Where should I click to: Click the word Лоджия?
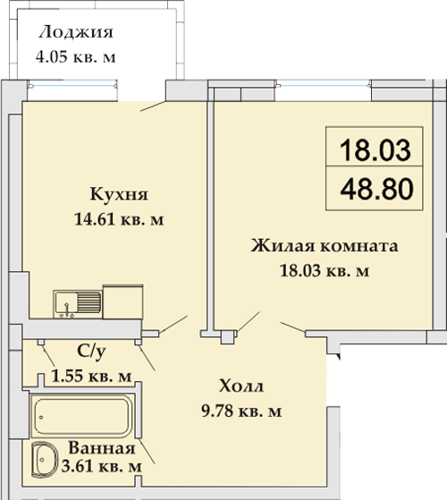pyautogui.click(x=76, y=32)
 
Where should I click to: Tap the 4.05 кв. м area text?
pyautogui.click(x=75, y=57)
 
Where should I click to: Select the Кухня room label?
pyautogui.click(x=119, y=194)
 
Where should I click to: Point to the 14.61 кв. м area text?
pyautogui.click(x=119, y=219)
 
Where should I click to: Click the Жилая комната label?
pyautogui.click(x=325, y=246)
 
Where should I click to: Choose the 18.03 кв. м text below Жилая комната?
pyautogui.click(x=325, y=271)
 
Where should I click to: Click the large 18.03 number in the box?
pyautogui.click(x=375, y=150)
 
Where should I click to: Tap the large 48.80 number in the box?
pyautogui.click(x=376, y=189)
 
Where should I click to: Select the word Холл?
pyautogui.click(x=241, y=386)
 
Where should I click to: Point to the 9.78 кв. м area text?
pyautogui.click(x=241, y=411)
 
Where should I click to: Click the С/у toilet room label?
pyautogui.click(x=91, y=352)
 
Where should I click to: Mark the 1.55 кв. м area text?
pyautogui.click(x=91, y=377)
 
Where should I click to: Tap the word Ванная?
pyautogui.click(x=102, y=448)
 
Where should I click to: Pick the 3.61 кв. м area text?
pyautogui.click(x=101, y=468)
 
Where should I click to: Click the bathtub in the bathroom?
pyautogui.click(x=82, y=416)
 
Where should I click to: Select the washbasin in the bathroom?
pyautogui.click(x=45, y=460)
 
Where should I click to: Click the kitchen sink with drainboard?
pyautogui.click(x=78, y=304)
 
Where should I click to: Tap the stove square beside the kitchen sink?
pyautogui.click(x=122, y=301)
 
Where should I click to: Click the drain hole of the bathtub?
pyautogui.click(x=41, y=417)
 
